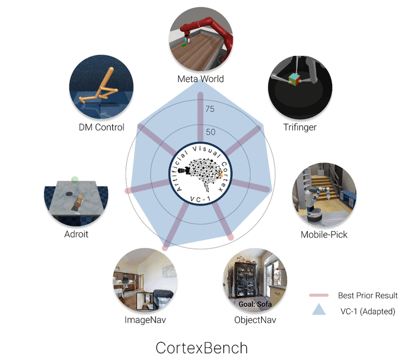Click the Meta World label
click(x=201, y=79)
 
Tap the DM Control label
click(x=102, y=127)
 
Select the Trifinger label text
click(x=300, y=127)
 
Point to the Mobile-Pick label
click(x=324, y=234)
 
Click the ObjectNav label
click(x=255, y=320)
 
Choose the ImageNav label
click(x=145, y=320)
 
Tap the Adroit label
click(x=76, y=234)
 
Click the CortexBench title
click(x=202, y=348)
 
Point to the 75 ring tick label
click(x=210, y=109)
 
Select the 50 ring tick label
click(x=211, y=132)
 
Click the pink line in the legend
click(x=319, y=296)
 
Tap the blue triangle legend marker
click(x=319, y=309)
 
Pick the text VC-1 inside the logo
click(x=200, y=199)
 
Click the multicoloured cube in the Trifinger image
click(x=294, y=79)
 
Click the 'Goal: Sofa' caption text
click(x=255, y=304)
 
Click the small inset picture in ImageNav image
click(x=145, y=301)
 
